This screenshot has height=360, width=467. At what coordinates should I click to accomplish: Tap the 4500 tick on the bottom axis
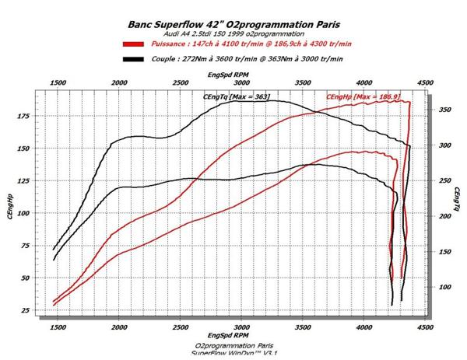[424, 329]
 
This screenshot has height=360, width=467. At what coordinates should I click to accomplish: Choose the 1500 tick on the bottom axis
[57, 329]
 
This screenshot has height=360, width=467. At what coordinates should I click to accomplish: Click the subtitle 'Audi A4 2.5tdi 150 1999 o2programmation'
[232, 33]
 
